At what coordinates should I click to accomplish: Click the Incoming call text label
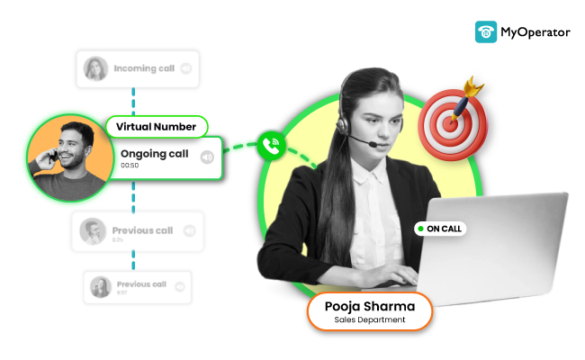[144, 67]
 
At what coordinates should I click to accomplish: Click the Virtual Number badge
[157, 127]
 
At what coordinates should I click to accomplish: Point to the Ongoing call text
[154, 154]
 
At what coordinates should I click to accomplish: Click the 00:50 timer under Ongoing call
[130, 166]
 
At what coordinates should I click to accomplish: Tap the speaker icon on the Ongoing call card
[207, 157]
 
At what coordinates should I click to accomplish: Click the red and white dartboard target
[455, 121]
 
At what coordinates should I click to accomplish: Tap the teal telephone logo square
[486, 32]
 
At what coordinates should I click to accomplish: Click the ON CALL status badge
[440, 229]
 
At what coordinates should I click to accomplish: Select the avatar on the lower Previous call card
[100, 287]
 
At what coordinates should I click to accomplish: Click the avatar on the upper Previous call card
[92, 231]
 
